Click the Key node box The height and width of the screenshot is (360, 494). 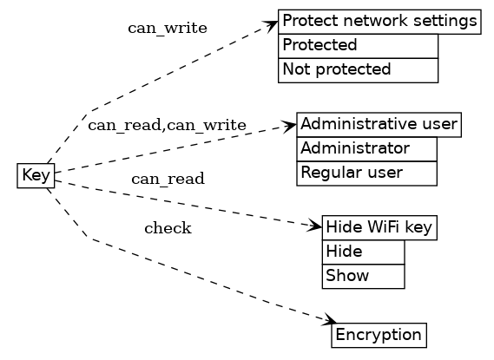(36, 175)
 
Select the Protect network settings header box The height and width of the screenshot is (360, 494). (379, 21)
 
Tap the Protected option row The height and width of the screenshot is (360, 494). (358, 45)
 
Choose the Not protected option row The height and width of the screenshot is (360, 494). (358, 69)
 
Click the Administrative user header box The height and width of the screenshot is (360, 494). (379, 124)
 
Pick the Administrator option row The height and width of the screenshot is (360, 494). (366, 148)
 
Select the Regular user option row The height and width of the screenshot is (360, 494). (366, 173)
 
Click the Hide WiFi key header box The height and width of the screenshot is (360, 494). (379, 227)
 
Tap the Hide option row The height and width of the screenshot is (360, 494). (363, 252)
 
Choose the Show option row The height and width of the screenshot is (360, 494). (363, 276)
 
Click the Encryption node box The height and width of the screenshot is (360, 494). (379, 335)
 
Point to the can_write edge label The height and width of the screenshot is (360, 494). (168, 28)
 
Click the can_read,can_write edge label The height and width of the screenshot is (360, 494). (167, 126)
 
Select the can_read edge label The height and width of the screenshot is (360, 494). (168, 180)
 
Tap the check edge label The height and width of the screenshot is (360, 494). (168, 229)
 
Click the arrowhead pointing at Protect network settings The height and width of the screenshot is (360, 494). (272, 25)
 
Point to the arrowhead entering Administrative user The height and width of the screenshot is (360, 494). (290, 127)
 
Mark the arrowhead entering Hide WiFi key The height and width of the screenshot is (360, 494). (315, 226)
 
